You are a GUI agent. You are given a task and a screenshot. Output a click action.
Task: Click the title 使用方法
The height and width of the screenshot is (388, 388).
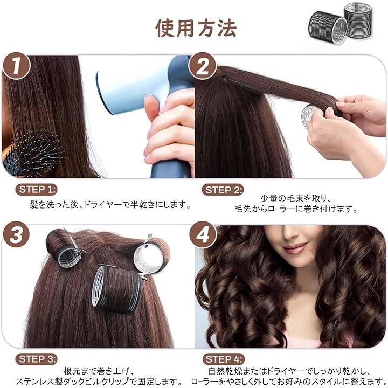tap(196, 28)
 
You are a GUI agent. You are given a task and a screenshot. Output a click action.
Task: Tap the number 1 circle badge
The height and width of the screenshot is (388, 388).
tap(16, 66)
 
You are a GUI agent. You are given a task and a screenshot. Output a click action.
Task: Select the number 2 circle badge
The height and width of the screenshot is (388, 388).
tap(203, 66)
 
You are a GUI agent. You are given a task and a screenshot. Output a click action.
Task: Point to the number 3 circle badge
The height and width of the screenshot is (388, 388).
tap(16, 234)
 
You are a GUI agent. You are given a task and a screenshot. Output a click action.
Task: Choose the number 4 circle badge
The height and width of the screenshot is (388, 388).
tap(203, 234)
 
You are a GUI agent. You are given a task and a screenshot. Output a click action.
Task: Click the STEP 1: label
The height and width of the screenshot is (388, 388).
tap(37, 190)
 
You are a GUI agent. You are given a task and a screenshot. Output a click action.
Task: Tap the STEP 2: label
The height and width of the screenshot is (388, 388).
tap(223, 190)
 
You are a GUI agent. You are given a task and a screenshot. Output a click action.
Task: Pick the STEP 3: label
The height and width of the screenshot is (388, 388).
tap(37, 359)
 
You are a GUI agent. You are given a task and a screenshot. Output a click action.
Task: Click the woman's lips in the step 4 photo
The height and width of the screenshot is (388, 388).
tap(295, 248)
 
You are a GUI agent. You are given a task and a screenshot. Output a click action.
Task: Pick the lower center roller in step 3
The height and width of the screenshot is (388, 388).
tap(116, 289)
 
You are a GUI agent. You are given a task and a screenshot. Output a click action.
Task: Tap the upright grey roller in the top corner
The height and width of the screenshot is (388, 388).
tap(358, 19)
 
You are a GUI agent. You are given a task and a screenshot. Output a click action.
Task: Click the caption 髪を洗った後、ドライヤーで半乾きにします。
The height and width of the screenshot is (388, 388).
tap(110, 205)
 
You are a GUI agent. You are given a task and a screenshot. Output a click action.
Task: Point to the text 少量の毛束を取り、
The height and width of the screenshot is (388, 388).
tap(296, 199)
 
